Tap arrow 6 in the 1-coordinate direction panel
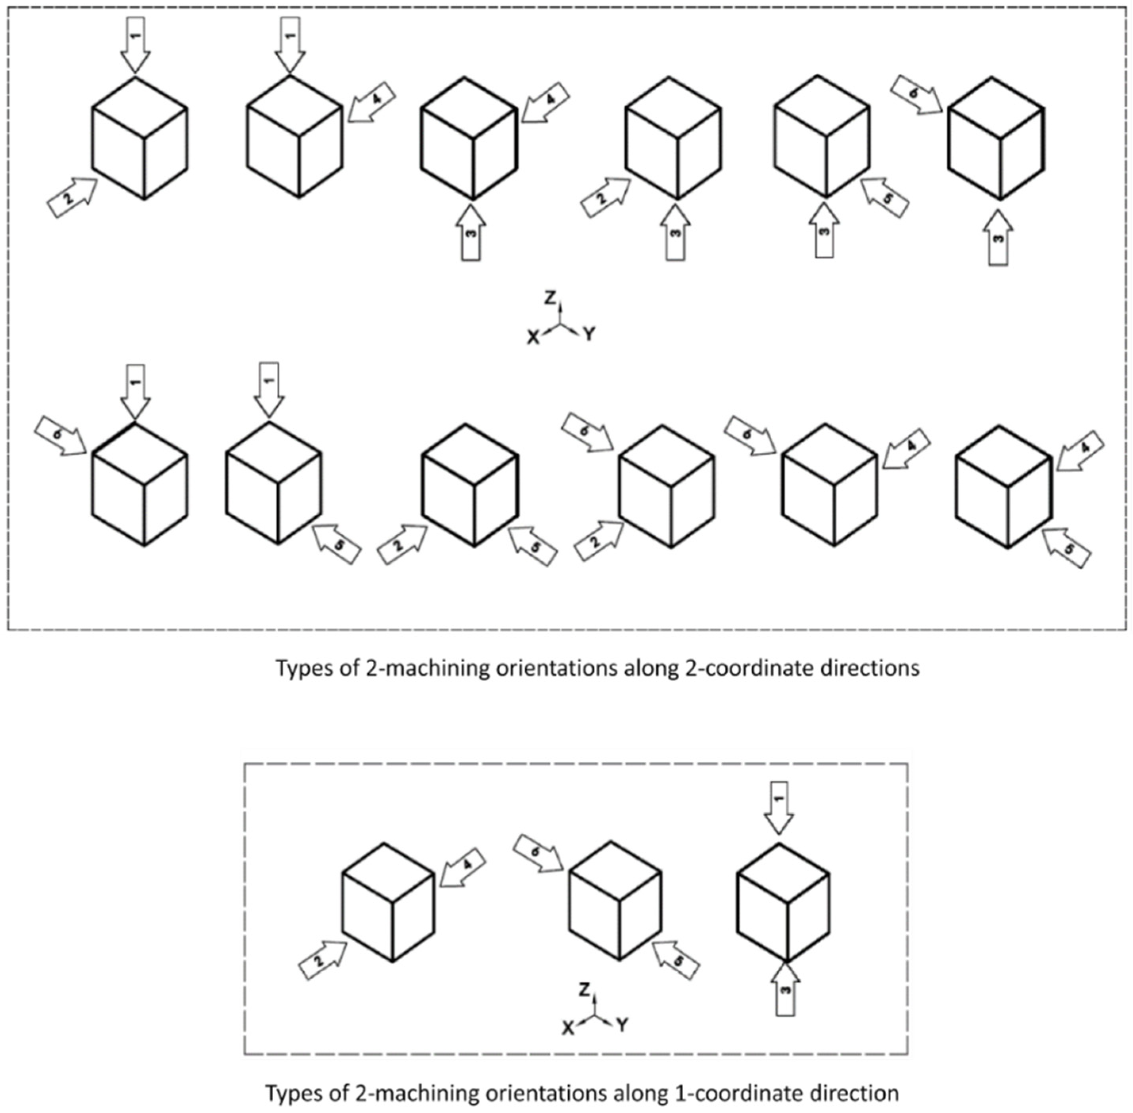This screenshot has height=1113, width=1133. (538, 854)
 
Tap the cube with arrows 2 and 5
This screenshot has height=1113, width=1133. (470, 485)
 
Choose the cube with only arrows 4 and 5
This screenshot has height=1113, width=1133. (1004, 486)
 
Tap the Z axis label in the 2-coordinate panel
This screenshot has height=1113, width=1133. (549, 298)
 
